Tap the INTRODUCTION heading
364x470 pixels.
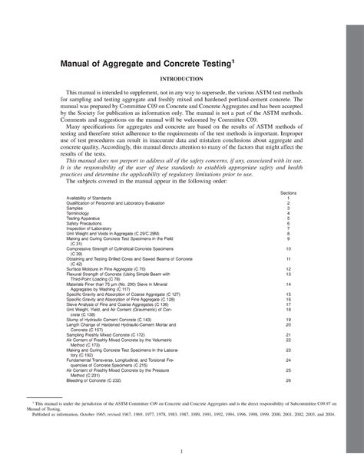(181, 79)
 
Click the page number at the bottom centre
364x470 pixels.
(182, 450)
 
